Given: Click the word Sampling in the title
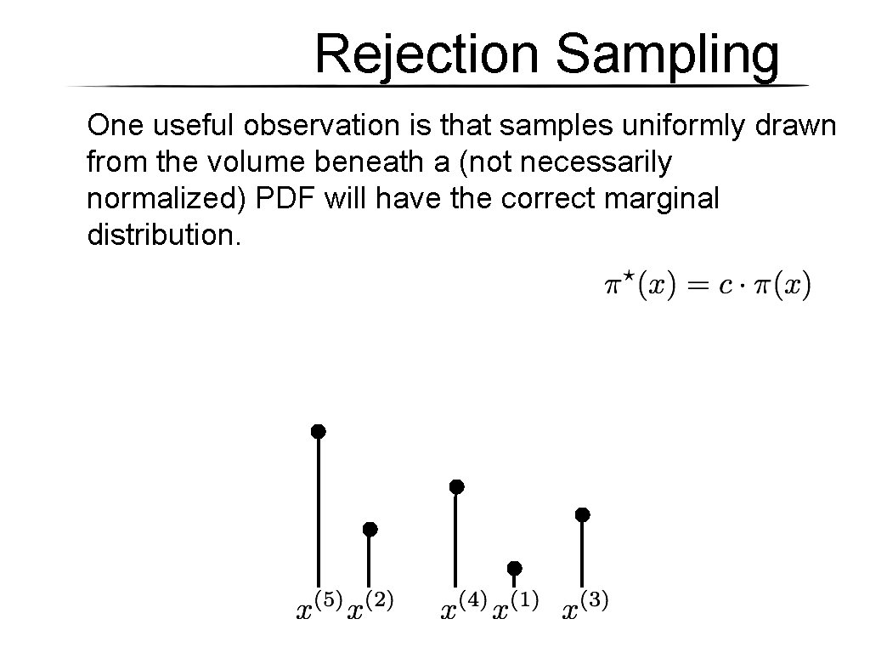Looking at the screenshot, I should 667,54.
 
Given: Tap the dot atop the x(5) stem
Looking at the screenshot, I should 318,431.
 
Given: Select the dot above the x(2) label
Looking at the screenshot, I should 370,529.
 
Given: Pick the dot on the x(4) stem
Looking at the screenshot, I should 456,486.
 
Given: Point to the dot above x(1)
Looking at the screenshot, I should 514,567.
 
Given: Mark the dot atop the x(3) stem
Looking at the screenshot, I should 582,514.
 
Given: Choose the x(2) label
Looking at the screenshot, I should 371,607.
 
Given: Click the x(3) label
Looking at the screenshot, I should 586,607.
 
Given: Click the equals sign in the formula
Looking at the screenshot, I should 696,286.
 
